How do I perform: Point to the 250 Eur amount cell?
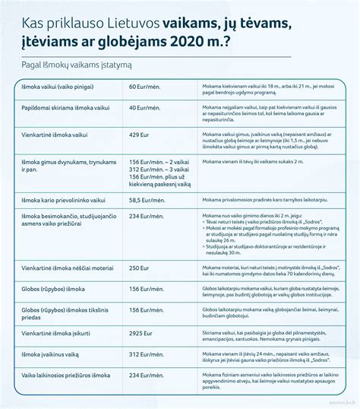[x=138, y=268]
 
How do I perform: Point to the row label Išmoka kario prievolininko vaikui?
[x=65, y=199]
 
